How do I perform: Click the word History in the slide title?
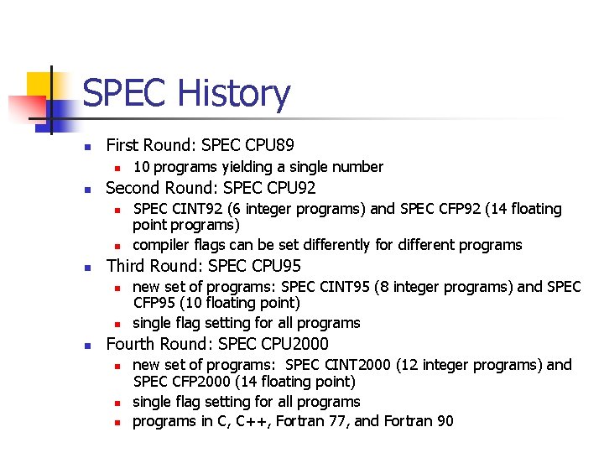(x=229, y=94)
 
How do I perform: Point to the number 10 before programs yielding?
(x=142, y=167)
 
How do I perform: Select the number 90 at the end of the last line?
(x=444, y=421)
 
